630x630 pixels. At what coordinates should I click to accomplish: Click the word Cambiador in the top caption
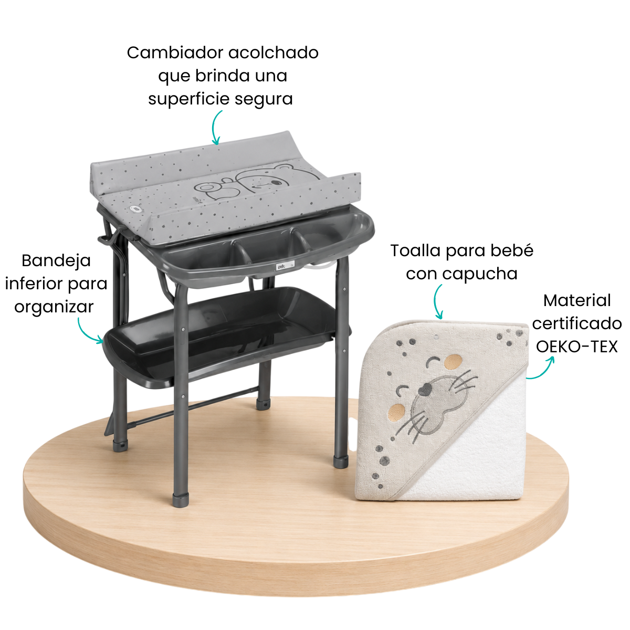click(175, 52)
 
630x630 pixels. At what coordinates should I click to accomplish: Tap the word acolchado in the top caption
click(274, 52)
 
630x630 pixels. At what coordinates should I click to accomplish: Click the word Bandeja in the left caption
click(56, 261)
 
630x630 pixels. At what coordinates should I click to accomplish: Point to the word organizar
click(54, 307)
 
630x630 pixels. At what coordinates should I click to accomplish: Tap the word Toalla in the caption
click(415, 251)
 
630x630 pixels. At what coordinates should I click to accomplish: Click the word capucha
click(480, 274)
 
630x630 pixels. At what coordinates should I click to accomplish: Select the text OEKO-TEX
click(576, 346)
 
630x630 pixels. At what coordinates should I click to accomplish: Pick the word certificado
click(576, 324)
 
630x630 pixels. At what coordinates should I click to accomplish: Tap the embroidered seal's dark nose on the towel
click(425, 388)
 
